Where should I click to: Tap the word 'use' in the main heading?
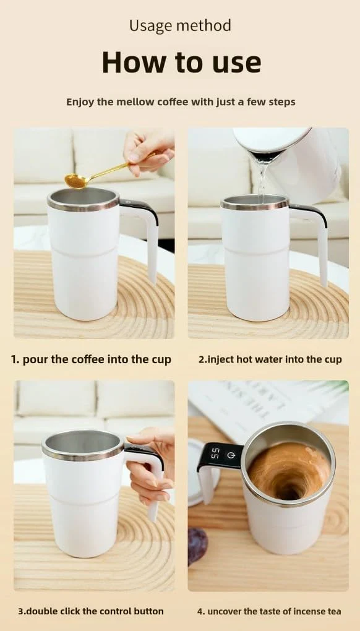click(x=235, y=62)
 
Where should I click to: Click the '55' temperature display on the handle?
click(x=215, y=453)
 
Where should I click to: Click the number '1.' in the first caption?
click(x=15, y=359)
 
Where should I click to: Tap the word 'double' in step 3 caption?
click(x=41, y=611)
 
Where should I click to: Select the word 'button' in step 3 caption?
click(x=149, y=611)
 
